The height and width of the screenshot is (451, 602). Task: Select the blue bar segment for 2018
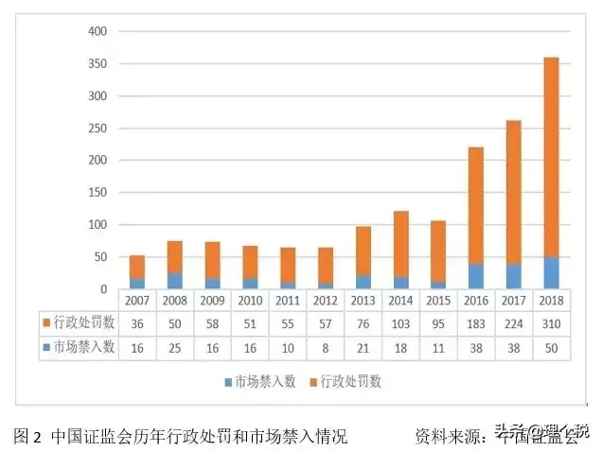pyautogui.click(x=550, y=272)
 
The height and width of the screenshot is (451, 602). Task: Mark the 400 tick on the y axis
pyautogui.click(x=98, y=31)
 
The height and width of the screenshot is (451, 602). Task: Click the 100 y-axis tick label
pyautogui.click(x=98, y=225)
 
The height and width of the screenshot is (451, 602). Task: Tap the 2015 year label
pyautogui.click(x=439, y=300)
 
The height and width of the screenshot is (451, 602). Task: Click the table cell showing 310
pyautogui.click(x=550, y=323)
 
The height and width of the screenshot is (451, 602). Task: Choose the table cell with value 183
pyautogui.click(x=476, y=323)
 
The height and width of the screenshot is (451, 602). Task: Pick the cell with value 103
pyautogui.click(x=401, y=323)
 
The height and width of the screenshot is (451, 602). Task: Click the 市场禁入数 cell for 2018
pyautogui.click(x=550, y=347)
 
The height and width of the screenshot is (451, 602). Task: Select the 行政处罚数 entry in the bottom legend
pyautogui.click(x=350, y=382)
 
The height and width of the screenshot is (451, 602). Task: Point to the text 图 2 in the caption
pyautogui.click(x=28, y=436)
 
